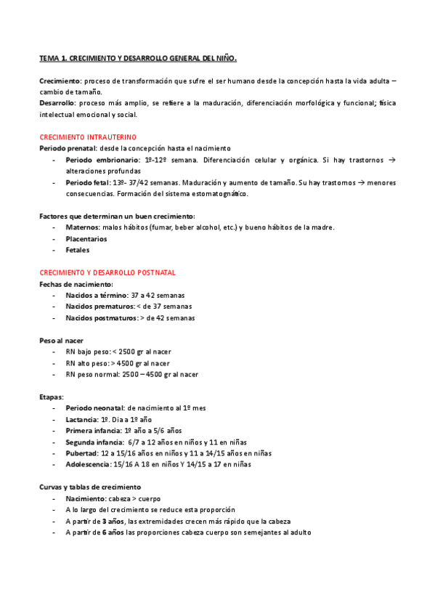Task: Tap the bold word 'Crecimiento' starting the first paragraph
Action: tap(60, 80)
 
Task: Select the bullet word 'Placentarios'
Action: tap(86, 238)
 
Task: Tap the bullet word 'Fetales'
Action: tap(78, 250)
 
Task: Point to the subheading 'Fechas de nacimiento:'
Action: tap(76, 284)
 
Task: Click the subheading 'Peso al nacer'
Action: tap(61, 340)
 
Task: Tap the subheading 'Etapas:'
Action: tap(52, 397)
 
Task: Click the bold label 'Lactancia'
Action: tap(81, 419)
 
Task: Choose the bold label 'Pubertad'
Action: tap(81, 453)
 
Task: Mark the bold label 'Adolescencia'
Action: tap(87, 464)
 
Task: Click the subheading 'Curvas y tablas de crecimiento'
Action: tap(89, 487)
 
